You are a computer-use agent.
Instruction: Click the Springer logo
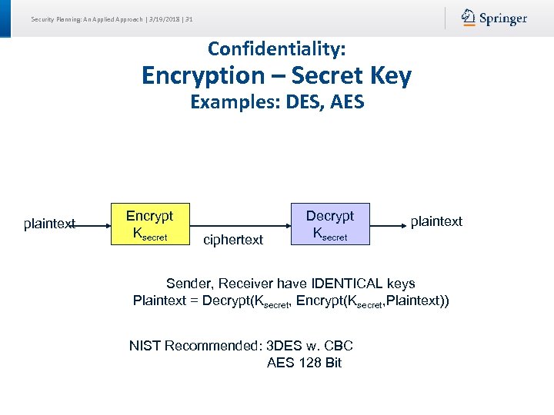pos(494,18)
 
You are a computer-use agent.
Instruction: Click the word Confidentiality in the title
pos(275,49)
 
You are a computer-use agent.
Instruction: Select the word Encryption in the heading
pos(202,75)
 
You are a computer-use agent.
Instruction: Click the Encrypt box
pos(149,224)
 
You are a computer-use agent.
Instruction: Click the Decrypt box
pos(329,224)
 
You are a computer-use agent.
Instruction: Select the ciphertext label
pos(233,240)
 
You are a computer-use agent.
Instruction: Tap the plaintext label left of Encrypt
pos(49,224)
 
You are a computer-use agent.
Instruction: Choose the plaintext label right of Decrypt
pos(436,221)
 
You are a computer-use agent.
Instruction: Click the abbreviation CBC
pos(339,346)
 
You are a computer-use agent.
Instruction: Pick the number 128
pos(309,363)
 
